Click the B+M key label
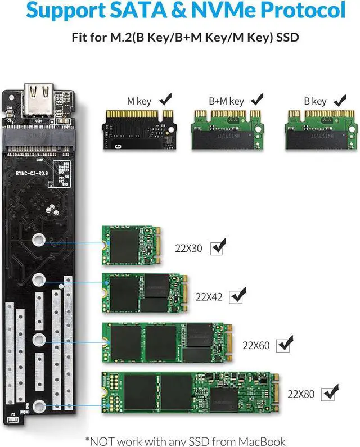tap(226, 101)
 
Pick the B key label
tap(315, 101)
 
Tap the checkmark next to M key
tap(166, 100)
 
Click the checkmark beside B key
tap(339, 100)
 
